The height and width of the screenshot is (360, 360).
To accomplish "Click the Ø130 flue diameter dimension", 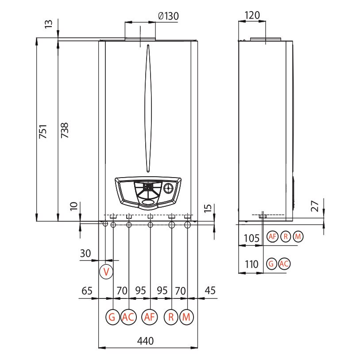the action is [169, 16].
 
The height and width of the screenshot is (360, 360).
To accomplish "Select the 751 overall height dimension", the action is [43, 132].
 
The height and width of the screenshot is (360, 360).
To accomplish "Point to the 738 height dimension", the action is [65, 131].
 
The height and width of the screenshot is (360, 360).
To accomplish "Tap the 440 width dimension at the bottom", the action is [145, 341].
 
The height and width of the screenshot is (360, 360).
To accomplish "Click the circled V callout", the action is [106, 272].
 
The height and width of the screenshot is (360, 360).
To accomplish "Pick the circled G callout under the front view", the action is [112, 317].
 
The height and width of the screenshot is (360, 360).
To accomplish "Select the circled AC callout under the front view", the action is [128, 317].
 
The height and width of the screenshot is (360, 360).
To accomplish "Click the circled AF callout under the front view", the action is [150, 317].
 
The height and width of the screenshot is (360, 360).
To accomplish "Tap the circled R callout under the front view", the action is [171, 317].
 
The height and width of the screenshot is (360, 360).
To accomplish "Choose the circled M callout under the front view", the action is [186, 317].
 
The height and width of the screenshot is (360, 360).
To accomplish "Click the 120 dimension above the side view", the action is [252, 15].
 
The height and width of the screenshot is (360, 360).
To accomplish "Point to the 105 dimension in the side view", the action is [252, 238].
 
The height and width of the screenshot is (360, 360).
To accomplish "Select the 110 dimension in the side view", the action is [252, 264].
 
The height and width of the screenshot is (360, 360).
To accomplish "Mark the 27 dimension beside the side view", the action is [315, 206].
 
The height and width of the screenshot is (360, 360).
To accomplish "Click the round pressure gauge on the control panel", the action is [169, 188].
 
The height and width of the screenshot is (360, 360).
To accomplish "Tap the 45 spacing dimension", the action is [210, 290].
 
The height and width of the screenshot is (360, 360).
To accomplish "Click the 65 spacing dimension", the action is [87, 290].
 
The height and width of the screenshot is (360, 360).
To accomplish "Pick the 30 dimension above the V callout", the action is [85, 253].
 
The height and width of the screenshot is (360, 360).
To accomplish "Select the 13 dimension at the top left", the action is [48, 24].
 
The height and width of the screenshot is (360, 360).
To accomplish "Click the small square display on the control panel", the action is [148, 187].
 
